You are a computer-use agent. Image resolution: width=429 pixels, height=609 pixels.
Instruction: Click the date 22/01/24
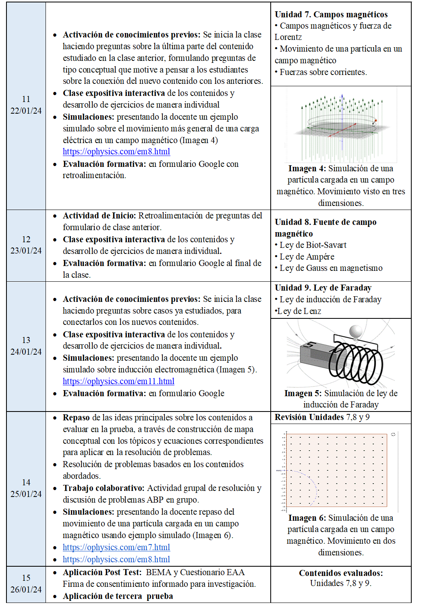click(x=26, y=111)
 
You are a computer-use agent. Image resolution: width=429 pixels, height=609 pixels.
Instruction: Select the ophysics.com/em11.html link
click(x=118, y=381)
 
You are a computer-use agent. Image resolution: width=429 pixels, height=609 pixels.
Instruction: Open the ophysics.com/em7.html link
click(x=116, y=547)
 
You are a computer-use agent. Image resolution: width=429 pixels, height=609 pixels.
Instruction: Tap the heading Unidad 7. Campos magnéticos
click(x=331, y=15)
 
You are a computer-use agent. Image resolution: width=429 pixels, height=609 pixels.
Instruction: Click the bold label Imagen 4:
click(x=307, y=168)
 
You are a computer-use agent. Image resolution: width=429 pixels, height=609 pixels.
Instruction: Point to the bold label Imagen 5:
click(x=303, y=393)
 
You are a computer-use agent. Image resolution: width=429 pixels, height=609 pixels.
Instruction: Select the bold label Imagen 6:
click(x=307, y=518)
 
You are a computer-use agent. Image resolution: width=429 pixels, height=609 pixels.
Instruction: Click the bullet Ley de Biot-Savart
click(x=313, y=245)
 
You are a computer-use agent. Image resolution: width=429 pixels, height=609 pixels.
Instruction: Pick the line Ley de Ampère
click(x=307, y=257)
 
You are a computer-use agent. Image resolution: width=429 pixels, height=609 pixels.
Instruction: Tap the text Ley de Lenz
click(x=299, y=311)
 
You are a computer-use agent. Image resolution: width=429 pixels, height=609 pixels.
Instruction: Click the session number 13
click(x=26, y=340)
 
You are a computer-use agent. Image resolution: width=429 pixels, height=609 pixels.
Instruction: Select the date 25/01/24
click(x=26, y=494)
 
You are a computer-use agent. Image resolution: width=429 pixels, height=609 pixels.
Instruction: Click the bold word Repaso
click(x=76, y=418)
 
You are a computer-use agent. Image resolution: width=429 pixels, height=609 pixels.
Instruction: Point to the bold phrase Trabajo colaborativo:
click(x=104, y=488)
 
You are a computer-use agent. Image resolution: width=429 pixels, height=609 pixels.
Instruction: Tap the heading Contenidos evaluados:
click(x=341, y=573)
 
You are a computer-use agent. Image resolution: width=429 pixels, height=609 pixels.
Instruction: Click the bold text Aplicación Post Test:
click(x=102, y=572)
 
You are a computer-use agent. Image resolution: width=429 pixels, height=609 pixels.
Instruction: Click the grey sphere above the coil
click(x=356, y=332)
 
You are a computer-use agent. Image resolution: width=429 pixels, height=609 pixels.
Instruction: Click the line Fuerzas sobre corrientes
click(x=323, y=72)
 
